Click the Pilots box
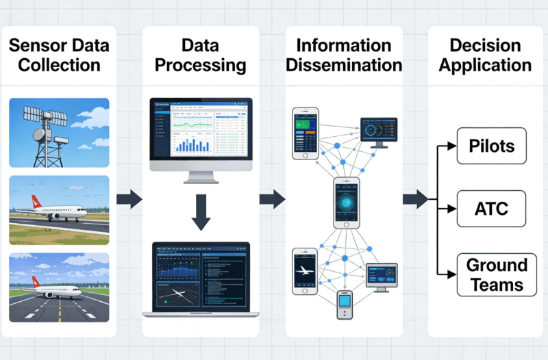[491, 146]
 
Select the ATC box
[491, 208]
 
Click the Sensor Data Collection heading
[60, 56]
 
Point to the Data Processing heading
[200, 56]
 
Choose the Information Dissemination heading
[344, 56]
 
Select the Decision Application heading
[485, 56]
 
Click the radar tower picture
[59, 132]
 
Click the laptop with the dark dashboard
[201, 279]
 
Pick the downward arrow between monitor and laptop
[201, 213]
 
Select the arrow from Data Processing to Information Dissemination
[272, 200]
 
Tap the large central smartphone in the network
[346, 203]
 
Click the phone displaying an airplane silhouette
[305, 271]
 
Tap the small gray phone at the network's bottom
[344, 304]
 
